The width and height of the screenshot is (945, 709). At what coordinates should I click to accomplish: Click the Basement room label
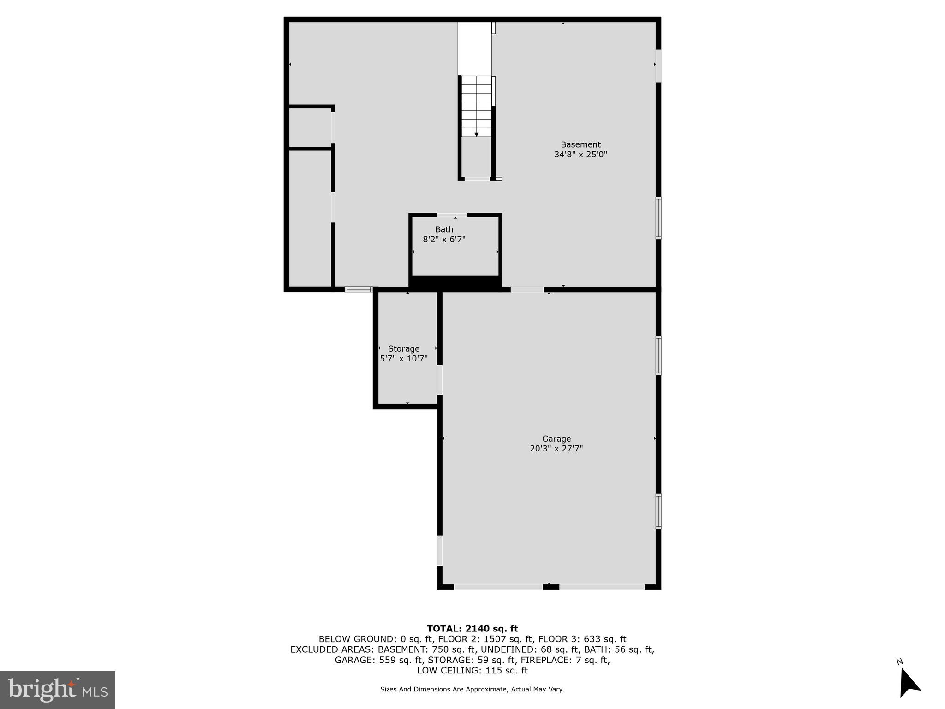pyautogui.click(x=580, y=144)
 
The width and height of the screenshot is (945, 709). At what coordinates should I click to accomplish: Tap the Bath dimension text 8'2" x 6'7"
pyautogui.click(x=444, y=240)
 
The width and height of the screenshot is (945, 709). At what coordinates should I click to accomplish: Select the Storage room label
pyautogui.click(x=404, y=349)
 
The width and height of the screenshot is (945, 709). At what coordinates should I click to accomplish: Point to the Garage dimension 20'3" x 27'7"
pyautogui.click(x=556, y=449)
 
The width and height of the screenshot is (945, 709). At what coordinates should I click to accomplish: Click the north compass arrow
pyautogui.click(x=909, y=684)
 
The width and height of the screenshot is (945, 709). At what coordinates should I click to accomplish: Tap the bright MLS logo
pyautogui.click(x=58, y=690)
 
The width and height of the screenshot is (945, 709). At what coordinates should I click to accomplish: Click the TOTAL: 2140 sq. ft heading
pyautogui.click(x=472, y=629)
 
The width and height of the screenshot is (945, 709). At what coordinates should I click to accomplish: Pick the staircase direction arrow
pyautogui.click(x=477, y=134)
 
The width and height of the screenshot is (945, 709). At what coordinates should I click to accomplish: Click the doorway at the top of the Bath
pyautogui.click(x=452, y=215)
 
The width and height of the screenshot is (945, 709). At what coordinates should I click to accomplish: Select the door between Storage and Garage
pyautogui.click(x=440, y=380)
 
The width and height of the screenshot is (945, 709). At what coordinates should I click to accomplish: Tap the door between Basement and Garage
pyautogui.click(x=527, y=290)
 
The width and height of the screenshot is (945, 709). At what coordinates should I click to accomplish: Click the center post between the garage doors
pyautogui.click(x=551, y=587)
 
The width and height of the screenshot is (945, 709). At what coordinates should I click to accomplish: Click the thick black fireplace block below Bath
pyautogui.click(x=455, y=282)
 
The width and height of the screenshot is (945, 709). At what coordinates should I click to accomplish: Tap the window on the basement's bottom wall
pyautogui.click(x=359, y=290)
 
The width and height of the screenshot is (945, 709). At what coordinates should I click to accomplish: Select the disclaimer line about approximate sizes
pyautogui.click(x=472, y=690)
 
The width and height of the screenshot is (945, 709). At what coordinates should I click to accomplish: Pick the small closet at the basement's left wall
pyautogui.click(x=310, y=128)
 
